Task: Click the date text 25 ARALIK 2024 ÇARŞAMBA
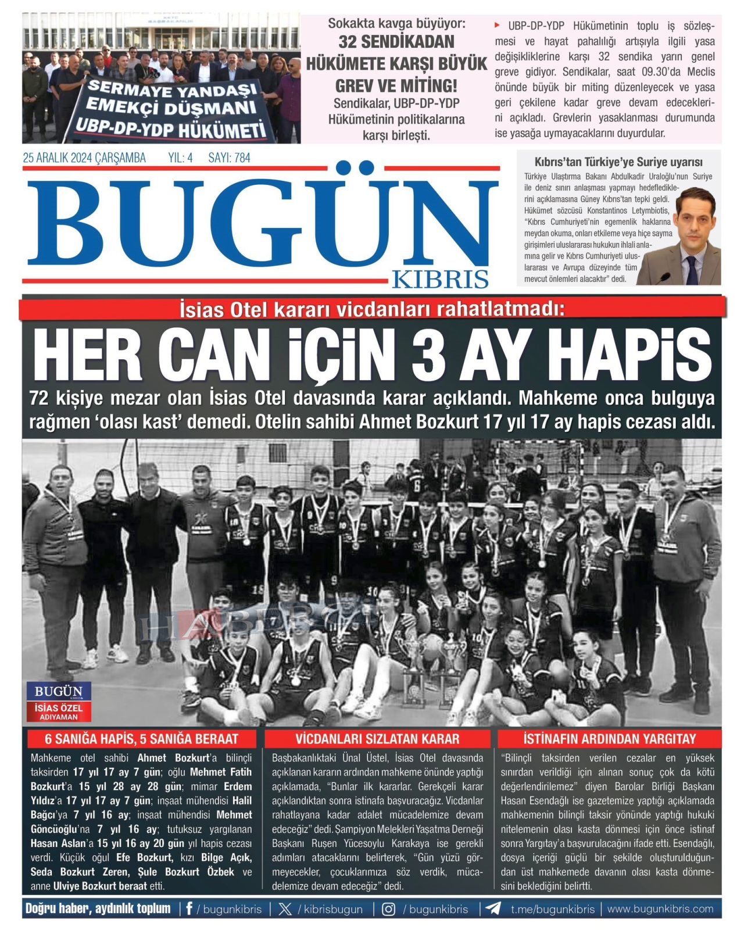84,158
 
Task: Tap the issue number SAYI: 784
229,158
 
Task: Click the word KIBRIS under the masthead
440,279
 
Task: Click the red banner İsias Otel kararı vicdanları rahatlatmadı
372,309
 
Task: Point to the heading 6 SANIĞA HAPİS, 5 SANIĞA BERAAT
142,739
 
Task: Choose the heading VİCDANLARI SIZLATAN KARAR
377,739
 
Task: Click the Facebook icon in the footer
189,908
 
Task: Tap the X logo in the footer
285,909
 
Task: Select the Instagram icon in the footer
388,909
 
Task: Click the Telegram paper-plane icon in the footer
493,908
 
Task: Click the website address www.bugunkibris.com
660,908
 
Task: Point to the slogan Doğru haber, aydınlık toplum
98,908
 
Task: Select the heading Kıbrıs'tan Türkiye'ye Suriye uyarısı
618,162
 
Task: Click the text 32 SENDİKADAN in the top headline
396,42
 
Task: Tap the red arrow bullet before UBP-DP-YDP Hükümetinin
498,25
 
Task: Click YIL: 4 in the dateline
180,158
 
